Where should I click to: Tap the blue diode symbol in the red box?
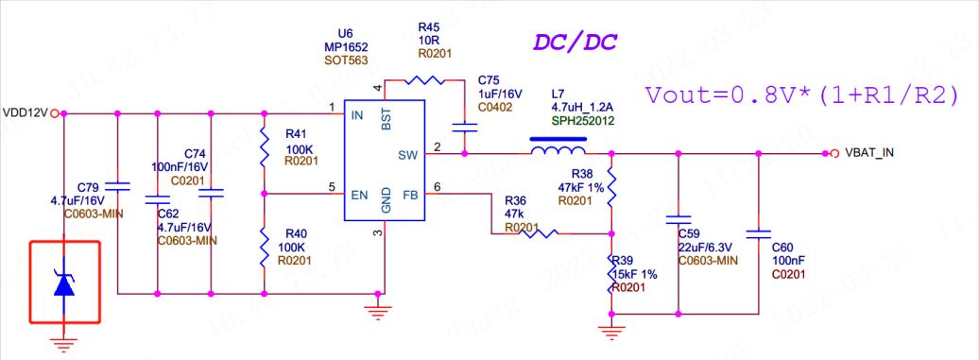coord(63,283)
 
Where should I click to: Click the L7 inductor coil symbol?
coord(558,149)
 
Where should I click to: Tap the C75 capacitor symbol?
coord(464,127)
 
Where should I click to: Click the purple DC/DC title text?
coord(572,43)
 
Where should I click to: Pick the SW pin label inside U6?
coord(407,153)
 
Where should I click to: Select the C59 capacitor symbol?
coord(678,219)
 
